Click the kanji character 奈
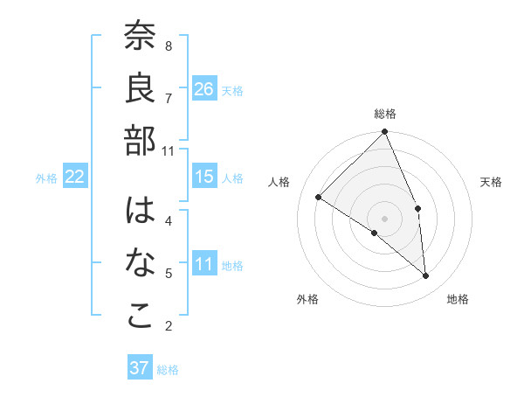pyautogui.click(x=140, y=37)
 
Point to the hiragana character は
pyautogui.click(x=140, y=212)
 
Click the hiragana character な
pyautogui.click(x=140, y=263)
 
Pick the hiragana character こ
pyautogui.click(x=140, y=316)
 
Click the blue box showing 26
pyautogui.click(x=204, y=88)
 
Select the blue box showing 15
pyautogui.click(x=204, y=177)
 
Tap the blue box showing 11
pyautogui.click(x=204, y=264)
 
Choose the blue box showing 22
pyautogui.click(x=75, y=177)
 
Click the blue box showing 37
pyautogui.click(x=140, y=368)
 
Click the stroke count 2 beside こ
pyautogui.click(x=169, y=326)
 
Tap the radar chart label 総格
pyautogui.click(x=385, y=114)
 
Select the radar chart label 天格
pyautogui.click(x=492, y=182)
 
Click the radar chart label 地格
pyautogui.click(x=458, y=299)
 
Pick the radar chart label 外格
pyautogui.click(x=307, y=299)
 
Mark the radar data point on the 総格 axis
pyautogui.click(x=384, y=133)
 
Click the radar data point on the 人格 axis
pyautogui.click(x=319, y=197)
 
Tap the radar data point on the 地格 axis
pyautogui.click(x=426, y=276)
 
